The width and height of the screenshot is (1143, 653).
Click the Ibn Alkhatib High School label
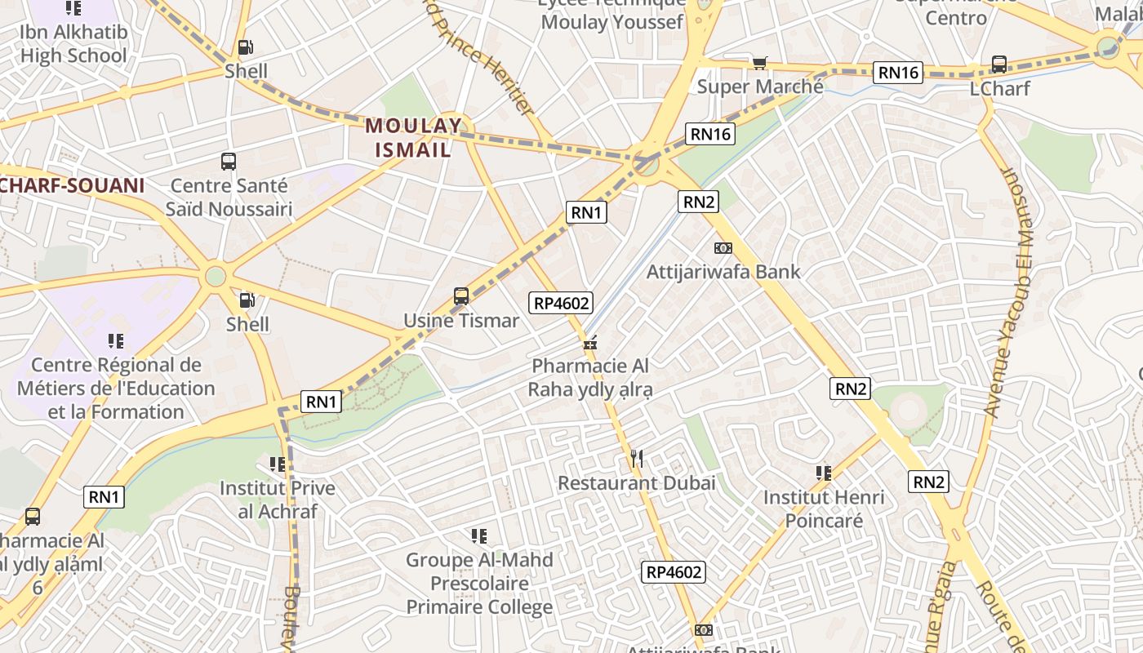(x=73, y=45)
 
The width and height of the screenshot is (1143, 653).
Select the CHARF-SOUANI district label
(x=72, y=185)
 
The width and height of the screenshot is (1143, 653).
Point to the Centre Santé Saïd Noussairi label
(x=229, y=198)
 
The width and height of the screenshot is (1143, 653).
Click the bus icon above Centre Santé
(x=229, y=162)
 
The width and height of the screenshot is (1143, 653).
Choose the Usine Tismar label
(x=461, y=321)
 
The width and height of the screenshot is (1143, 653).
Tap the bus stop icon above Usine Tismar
(x=461, y=296)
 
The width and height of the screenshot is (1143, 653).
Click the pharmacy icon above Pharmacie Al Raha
(x=590, y=343)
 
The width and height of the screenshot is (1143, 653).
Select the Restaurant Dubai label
(x=637, y=482)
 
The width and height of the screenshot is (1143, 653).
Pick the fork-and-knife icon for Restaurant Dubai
(x=637, y=459)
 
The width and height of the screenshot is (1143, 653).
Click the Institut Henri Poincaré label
(x=824, y=509)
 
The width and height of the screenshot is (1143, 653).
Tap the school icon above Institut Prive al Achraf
(x=278, y=464)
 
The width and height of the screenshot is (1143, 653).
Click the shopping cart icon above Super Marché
(x=760, y=63)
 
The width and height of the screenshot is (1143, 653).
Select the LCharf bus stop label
(x=999, y=88)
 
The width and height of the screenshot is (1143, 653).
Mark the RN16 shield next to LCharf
(x=898, y=73)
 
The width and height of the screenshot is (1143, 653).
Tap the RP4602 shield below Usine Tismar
(x=561, y=304)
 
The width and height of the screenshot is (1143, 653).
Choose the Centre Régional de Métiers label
(x=115, y=388)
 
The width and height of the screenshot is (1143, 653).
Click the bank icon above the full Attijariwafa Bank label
(x=723, y=248)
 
